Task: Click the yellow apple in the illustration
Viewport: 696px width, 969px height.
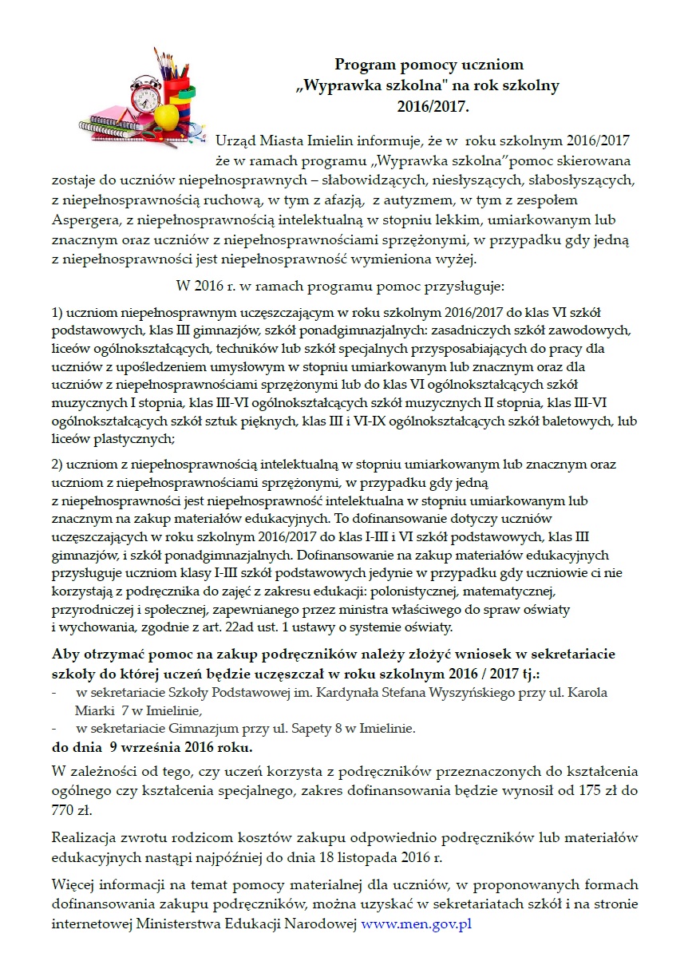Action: click(x=167, y=117)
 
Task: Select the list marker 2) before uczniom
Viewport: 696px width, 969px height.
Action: click(x=58, y=464)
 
